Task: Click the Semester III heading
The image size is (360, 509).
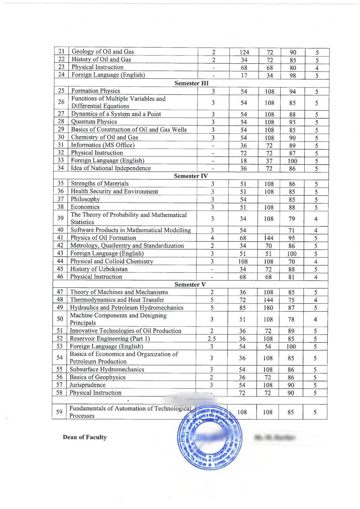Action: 192,83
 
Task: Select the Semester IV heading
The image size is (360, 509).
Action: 192,176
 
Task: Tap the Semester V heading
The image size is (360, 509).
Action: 192,284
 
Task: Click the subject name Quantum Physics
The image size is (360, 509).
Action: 94,122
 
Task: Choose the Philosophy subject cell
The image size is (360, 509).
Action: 85,199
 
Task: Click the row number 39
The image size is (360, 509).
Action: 61,218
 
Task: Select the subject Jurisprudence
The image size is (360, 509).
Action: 88,385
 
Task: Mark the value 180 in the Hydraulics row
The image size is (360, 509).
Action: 269,308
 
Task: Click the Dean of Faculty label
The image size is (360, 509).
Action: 85,437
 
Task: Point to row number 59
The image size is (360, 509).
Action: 60,412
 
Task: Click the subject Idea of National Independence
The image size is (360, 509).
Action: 111,168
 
